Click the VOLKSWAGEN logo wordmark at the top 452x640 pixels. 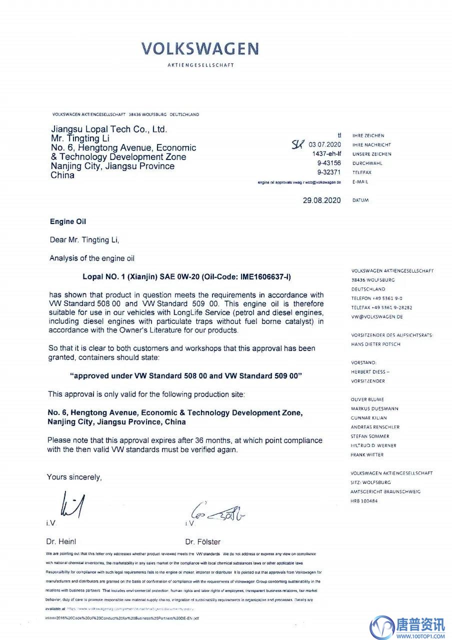coord(200,48)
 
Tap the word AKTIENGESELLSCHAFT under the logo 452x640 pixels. coord(200,65)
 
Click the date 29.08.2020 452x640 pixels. coord(321,200)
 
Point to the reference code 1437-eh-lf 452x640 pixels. coord(326,154)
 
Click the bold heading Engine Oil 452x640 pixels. coord(68,221)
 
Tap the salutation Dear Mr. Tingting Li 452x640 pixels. coord(85,240)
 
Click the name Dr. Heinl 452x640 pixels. coord(61,541)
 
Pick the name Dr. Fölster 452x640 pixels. coord(202,541)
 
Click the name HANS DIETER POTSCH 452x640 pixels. coord(375,344)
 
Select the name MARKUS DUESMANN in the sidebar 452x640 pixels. coord(374,408)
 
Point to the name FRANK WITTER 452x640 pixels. coord(367,455)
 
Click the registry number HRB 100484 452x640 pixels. coord(364,501)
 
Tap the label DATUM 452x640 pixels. coord(360,200)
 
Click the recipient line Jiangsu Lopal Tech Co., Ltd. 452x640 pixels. coord(109,129)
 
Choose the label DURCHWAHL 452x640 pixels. coord(367,163)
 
